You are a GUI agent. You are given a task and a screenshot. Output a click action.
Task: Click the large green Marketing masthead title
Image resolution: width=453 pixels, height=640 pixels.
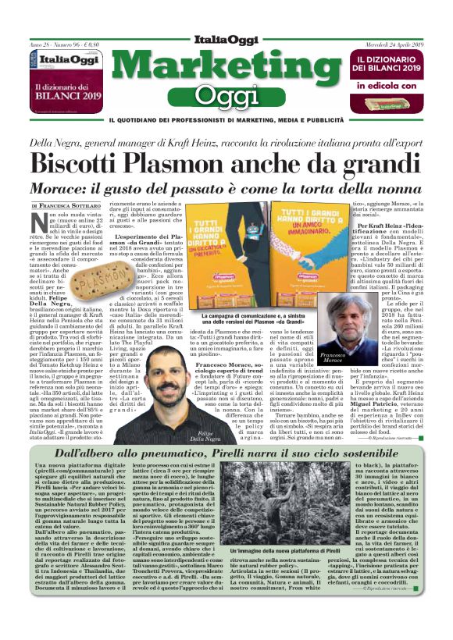[226, 65]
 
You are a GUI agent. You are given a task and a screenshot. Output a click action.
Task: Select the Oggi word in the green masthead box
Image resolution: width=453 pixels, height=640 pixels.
[226, 95]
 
